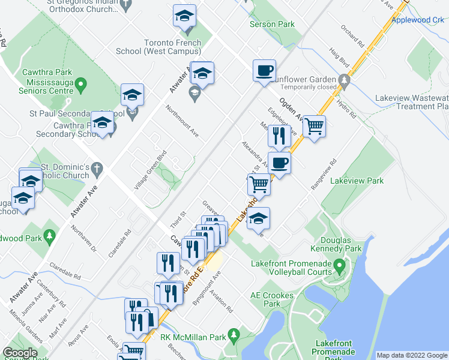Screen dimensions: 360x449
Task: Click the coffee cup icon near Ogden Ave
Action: tap(264, 71)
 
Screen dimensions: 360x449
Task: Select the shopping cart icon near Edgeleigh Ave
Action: tap(313, 127)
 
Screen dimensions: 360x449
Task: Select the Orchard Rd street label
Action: tap(352, 37)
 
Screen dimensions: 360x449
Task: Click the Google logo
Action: tap(20, 353)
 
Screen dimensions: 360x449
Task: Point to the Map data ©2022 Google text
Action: tap(412, 355)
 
